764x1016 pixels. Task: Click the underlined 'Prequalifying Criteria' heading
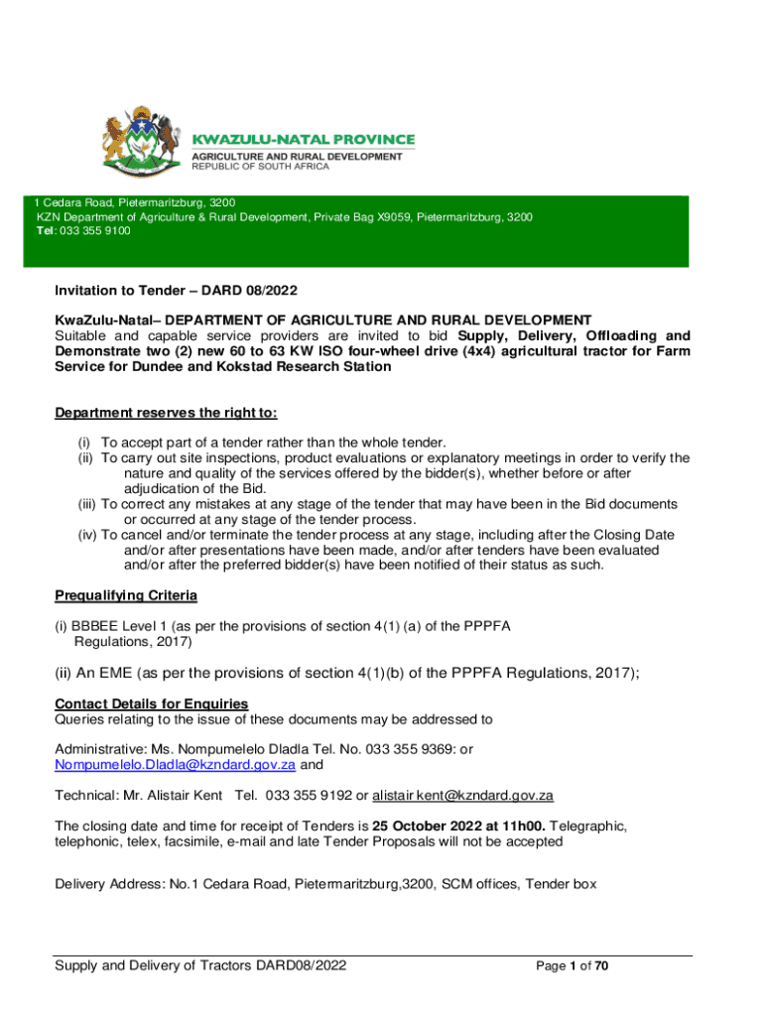point(125,595)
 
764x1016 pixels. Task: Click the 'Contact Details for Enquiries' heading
point(151,704)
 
